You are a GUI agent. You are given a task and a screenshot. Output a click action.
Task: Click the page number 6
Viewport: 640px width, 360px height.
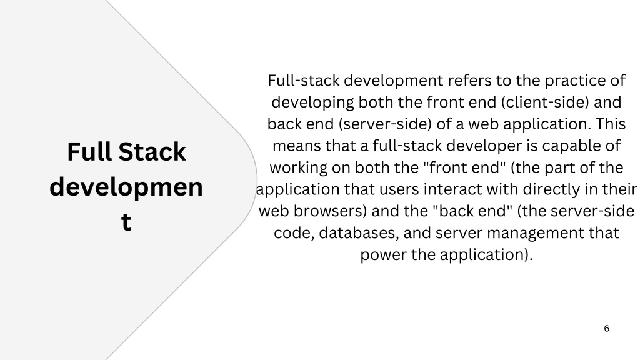point(606,329)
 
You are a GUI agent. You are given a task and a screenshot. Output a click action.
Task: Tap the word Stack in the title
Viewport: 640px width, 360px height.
point(152,152)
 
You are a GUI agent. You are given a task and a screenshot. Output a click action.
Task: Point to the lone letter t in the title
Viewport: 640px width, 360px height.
point(126,222)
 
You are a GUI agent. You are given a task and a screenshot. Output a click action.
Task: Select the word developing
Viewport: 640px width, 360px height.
point(312,102)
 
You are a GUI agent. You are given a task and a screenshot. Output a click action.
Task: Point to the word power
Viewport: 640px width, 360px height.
point(383,256)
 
